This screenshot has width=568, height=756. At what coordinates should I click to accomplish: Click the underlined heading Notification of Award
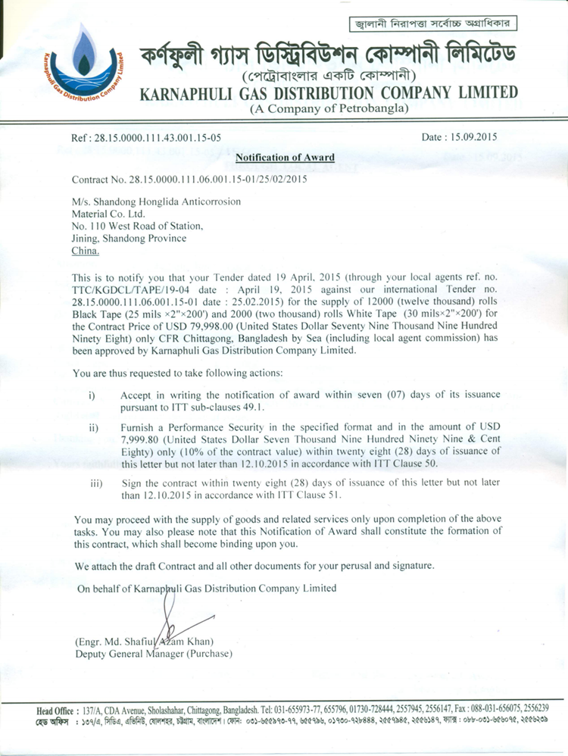(x=285, y=158)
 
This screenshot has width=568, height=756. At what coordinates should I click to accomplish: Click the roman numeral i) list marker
(x=92, y=395)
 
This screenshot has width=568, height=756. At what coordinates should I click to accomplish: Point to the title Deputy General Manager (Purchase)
(x=154, y=654)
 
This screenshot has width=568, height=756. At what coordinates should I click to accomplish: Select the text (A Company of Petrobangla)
(x=329, y=109)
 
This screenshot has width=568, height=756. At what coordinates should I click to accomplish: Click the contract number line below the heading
(x=190, y=180)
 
